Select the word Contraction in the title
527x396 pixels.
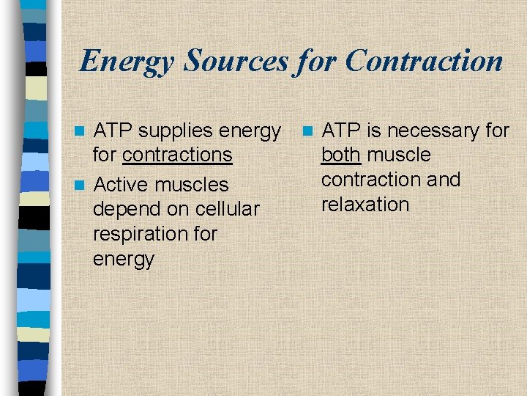[424, 61]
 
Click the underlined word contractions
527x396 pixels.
[177, 155]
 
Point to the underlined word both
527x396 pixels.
[340, 155]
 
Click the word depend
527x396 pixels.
[126, 209]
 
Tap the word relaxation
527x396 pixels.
[365, 205]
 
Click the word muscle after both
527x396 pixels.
[399, 155]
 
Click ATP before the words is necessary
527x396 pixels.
[342, 131]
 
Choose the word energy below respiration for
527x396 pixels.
[124, 259]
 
